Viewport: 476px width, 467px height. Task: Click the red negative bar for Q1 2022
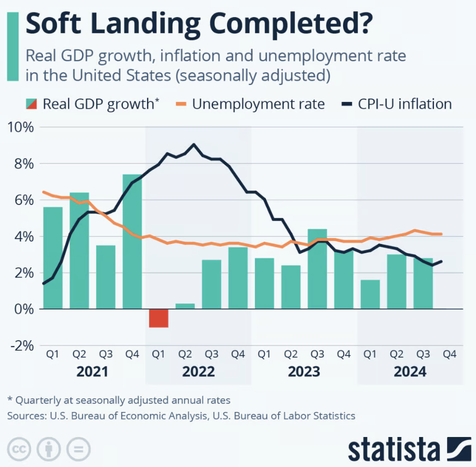pyautogui.click(x=158, y=318)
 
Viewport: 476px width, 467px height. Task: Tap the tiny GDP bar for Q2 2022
pyautogui.click(x=185, y=306)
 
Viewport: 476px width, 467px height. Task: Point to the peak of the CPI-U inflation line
pyautogui.click(x=193, y=144)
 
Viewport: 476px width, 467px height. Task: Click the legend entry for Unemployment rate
pyautogui.click(x=258, y=104)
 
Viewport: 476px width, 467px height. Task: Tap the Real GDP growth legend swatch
pyautogui.click(x=31, y=104)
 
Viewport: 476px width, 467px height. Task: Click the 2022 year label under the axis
pyautogui.click(x=198, y=372)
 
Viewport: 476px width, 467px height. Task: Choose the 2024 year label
pyautogui.click(x=410, y=372)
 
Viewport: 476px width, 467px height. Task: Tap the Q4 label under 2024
pyautogui.click(x=449, y=354)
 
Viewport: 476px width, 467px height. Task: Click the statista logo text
pyautogui.click(x=395, y=448)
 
